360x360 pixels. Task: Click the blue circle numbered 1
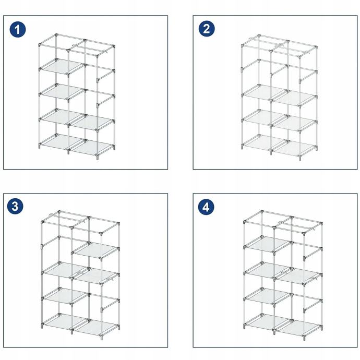(x=18, y=29)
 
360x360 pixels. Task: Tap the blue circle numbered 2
(x=207, y=29)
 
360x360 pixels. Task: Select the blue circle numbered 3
(x=15, y=206)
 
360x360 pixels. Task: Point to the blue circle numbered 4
(x=206, y=207)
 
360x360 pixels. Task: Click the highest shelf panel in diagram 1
(x=62, y=67)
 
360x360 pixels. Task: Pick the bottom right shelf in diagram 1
(x=92, y=148)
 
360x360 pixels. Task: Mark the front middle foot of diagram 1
(x=68, y=151)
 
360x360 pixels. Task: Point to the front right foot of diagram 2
(x=300, y=158)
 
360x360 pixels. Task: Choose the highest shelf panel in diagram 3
(x=96, y=250)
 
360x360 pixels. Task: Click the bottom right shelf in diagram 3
(x=96, y=327)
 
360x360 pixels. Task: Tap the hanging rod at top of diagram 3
(x=67, y=218)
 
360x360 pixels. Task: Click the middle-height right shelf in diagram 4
(x=299, y=277)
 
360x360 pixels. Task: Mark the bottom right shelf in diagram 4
(x=299, y=328)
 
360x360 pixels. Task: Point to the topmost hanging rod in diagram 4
(x=296, y=225)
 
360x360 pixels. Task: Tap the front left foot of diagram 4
(x=244, y=326)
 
